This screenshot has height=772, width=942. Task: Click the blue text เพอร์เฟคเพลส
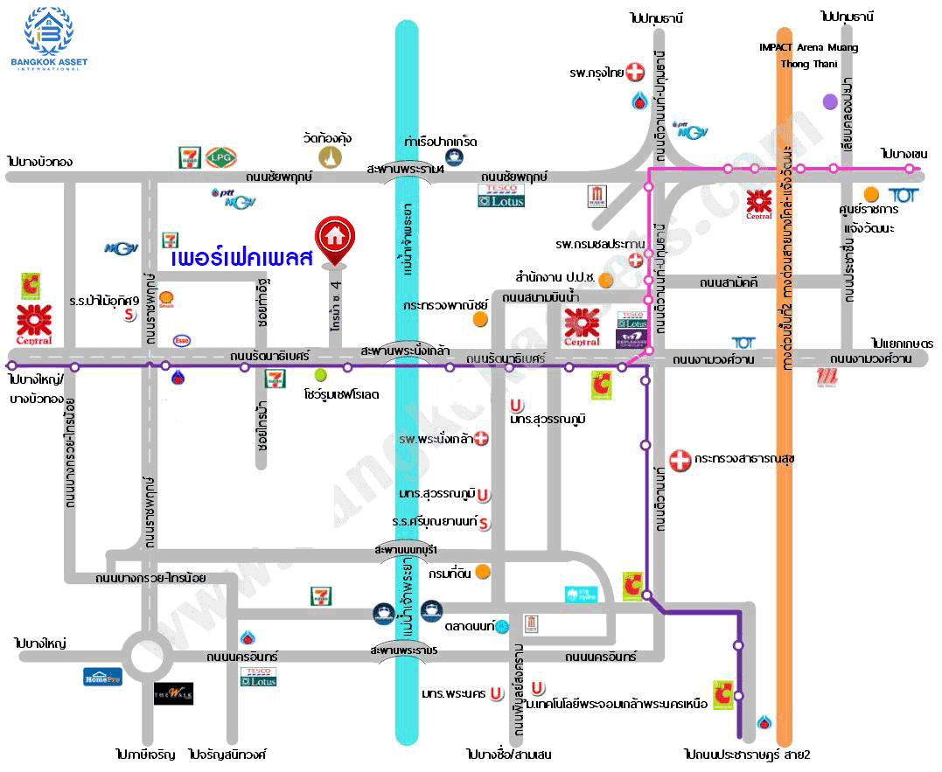241,260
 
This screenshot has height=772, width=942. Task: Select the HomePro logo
101,676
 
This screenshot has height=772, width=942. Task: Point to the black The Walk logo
173,693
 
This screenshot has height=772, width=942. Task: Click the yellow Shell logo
166,300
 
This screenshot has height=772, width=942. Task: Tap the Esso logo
183,340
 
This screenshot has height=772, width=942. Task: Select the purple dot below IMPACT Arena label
830,102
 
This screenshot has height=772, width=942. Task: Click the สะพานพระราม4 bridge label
406,169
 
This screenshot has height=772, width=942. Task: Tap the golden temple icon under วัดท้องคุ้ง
329,158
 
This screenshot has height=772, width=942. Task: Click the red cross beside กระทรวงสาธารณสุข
679,459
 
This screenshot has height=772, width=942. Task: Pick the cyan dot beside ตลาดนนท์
502,626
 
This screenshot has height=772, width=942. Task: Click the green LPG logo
218,157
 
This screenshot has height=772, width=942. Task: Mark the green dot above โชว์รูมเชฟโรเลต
320,374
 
